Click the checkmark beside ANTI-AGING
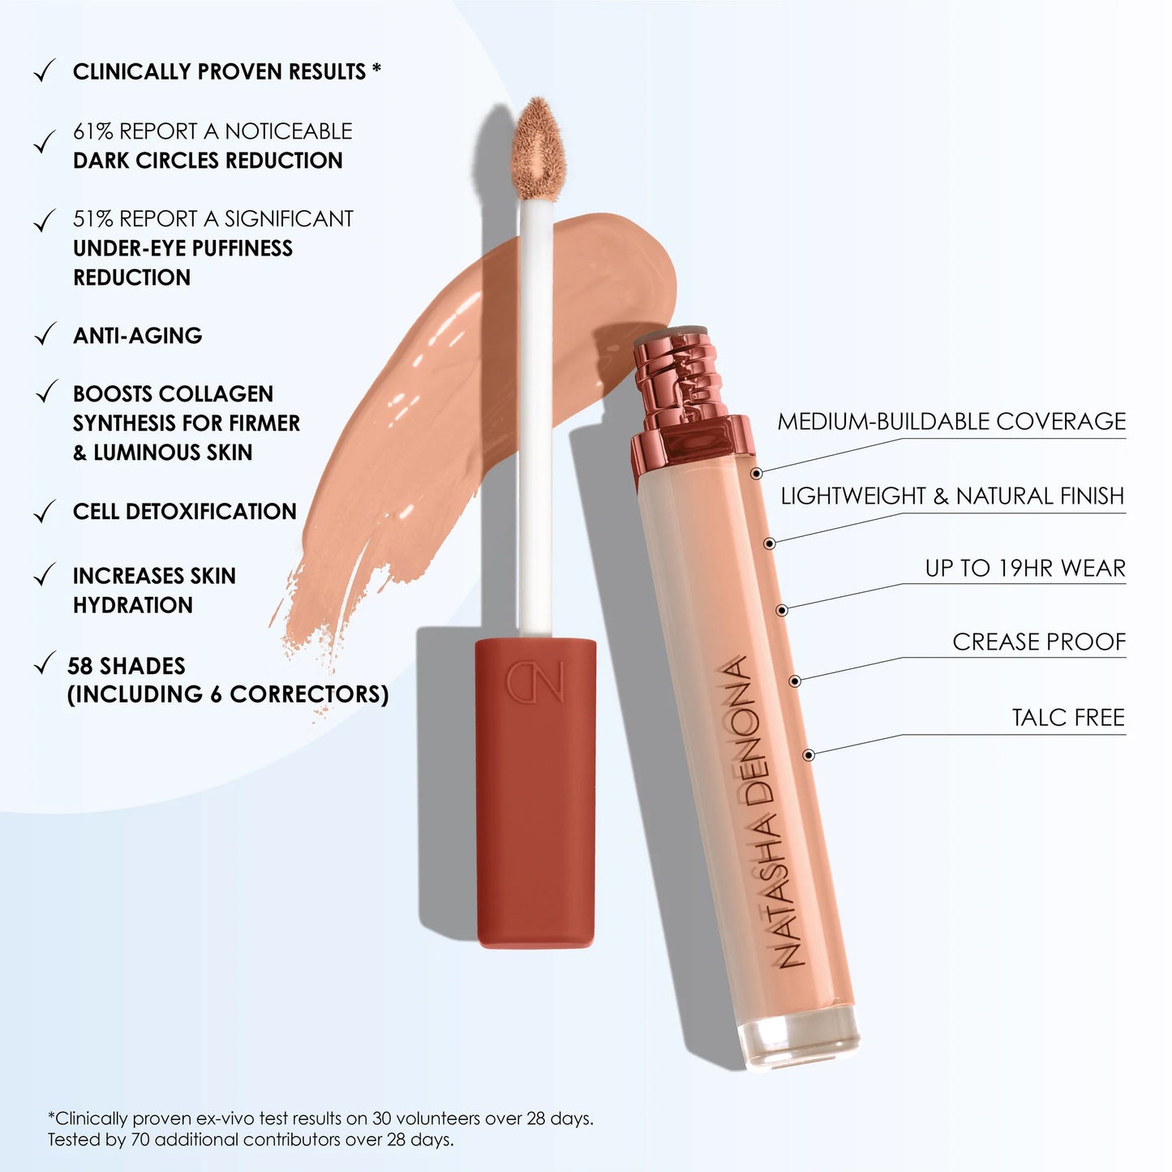[45, 334]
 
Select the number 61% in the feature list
[92, 131]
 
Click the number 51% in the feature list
[92, 219]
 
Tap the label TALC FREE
[1067, 718]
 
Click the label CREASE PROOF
[1038, 642]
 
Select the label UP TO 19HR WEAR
[1024, 569]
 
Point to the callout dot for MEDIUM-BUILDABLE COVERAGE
[756, 473]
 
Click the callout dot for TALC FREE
[808, 755]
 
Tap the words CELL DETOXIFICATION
[185, 512]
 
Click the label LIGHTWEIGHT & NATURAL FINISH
[952, 496]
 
